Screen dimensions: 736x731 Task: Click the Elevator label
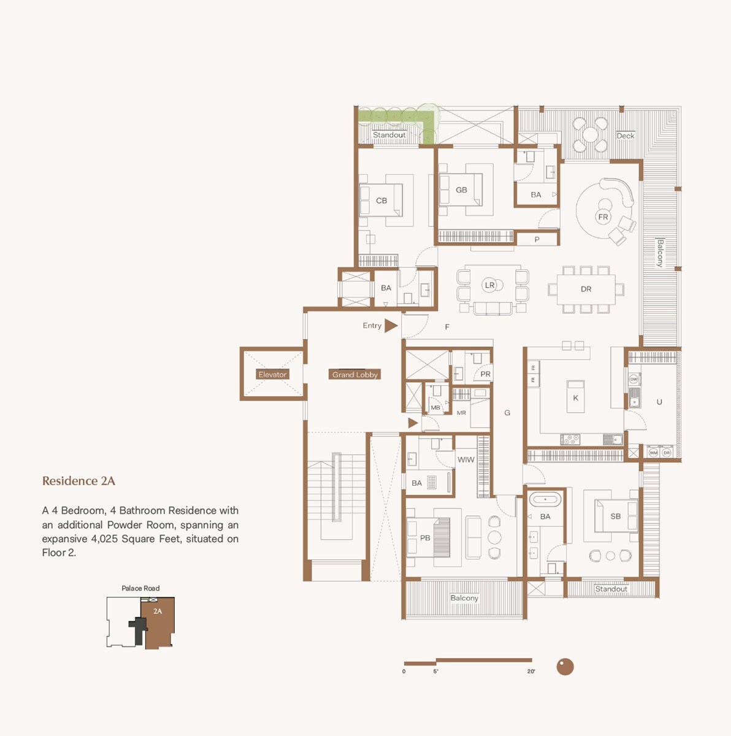click(x=272, y=374)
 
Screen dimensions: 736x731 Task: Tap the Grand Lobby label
click(x=355, y=374)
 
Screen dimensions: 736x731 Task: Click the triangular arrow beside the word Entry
click(x=391, y=326)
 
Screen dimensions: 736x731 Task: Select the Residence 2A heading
click(x=78, y=481)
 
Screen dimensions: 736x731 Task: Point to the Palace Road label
click(x=140, y=588)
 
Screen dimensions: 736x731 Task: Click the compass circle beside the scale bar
click(x=565, y=667)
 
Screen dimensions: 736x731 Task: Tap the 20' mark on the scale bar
click(x=531, y=671)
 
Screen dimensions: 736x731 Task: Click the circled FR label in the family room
click(x=603, y=217)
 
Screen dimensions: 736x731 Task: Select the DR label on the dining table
click(x=586, y=289)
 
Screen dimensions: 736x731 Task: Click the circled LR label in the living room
click(x=489, y=285)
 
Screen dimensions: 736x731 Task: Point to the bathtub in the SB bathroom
click(x=545, y=500)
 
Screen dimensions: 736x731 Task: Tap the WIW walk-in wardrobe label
click(x=465, y=459)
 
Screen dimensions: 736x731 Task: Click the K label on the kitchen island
click(x=575, y=397)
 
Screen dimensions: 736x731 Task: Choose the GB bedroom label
click(x=461, y=190)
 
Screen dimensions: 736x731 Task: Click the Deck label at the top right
click(x=626, y=136)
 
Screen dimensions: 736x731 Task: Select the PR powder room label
click(x=485, y=374)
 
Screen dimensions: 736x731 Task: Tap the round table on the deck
click(x=590, y=134)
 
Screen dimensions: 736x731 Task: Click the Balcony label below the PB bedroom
click(x=464, y=598)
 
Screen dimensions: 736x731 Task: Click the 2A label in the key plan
click(x=158, y=611)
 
